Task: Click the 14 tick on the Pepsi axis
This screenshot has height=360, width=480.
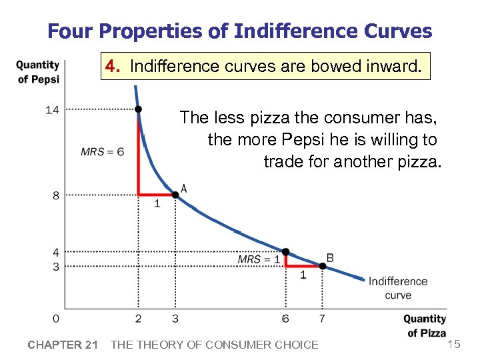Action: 52,109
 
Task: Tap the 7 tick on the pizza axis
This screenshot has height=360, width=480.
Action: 322,319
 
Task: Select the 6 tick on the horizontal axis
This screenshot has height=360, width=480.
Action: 285,319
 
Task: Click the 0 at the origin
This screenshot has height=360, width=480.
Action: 55,319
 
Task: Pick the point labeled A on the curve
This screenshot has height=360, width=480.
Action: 175,195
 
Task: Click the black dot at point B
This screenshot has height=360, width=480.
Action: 322,266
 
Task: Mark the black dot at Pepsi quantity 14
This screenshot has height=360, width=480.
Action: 138,109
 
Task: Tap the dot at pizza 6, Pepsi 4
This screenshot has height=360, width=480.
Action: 285,252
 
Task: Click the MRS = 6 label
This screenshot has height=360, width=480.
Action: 102,152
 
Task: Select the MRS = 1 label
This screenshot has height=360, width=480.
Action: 259,259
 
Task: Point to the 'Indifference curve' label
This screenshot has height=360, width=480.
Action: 398,288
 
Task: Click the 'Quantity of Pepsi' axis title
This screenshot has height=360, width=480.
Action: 38,72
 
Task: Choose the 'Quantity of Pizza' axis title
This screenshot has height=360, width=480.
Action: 425,326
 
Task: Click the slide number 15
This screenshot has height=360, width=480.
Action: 454,343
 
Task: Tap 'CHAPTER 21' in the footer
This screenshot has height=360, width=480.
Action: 63,345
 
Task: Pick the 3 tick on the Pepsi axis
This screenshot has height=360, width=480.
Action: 55,267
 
